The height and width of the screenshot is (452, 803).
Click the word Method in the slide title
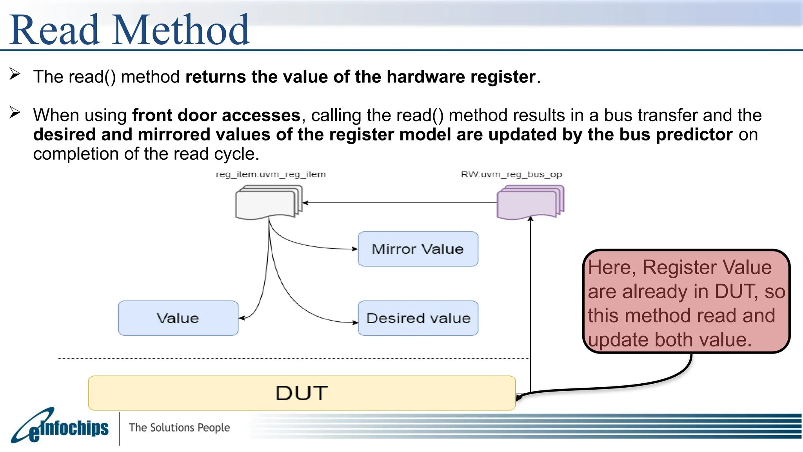click(181, 30)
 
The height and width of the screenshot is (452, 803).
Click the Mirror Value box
click(418, 249)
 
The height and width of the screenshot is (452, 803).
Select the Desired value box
click(418, 318)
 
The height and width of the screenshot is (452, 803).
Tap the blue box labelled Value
click(178, 318)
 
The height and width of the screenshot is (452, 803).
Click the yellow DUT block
click(301, 393)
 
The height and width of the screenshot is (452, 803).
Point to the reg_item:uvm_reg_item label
click(271, 174)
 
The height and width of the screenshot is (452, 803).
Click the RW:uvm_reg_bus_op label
click(511, 174)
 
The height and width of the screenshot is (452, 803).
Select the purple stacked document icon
click(529, 202)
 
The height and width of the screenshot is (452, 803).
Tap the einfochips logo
click(61, 428)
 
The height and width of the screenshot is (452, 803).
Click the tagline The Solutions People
click(179, 427)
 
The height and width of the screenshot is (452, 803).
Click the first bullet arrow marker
click(15, 74)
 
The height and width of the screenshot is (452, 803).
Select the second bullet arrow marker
click(15, 113)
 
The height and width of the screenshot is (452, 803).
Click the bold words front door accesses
click(216, 115)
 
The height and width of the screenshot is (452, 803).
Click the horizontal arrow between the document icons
click(400, 203)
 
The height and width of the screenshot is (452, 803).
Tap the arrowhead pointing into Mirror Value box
click(355, 249)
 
